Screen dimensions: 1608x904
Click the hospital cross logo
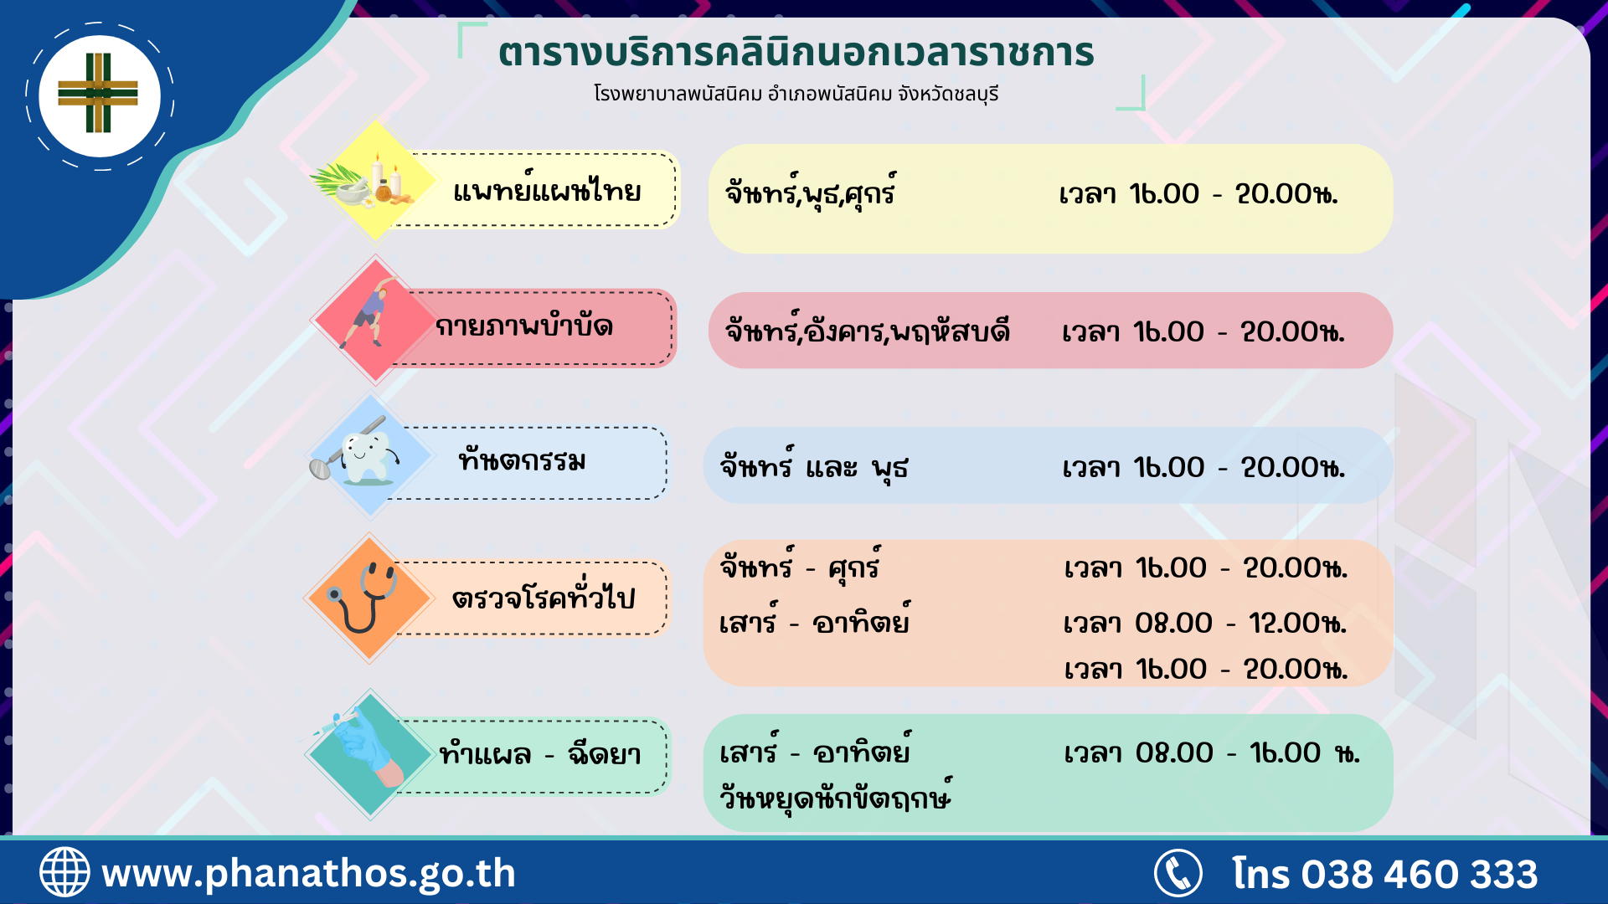click(98, 93)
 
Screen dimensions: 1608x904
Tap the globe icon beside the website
click(64, 872)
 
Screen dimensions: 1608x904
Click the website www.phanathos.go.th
click(308, 874)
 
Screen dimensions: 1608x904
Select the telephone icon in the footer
click(1178, 873)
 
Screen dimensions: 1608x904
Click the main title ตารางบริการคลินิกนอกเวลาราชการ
click(796, 53)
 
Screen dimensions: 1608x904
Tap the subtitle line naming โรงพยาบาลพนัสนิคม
click(796, 94)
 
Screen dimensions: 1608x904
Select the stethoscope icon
click(362, 597)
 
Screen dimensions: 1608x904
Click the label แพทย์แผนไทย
click(547, 191)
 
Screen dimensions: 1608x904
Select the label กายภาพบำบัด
click(524, 326)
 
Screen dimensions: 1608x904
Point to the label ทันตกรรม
click(522, 460)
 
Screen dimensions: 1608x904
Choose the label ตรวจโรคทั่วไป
click(544, 597)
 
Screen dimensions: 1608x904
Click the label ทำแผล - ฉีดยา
click(540, 754)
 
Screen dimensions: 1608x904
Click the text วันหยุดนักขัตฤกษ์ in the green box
click(835, 796)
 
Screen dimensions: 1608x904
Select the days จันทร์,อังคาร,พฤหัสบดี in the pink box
click(868, 331)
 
